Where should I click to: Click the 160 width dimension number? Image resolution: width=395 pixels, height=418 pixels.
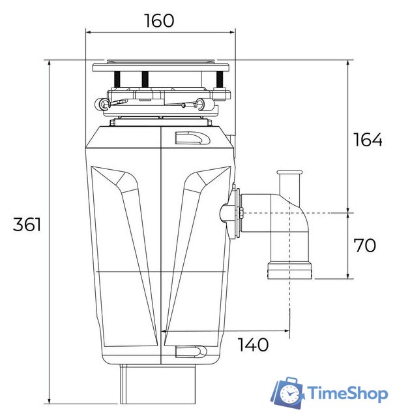(160, 20)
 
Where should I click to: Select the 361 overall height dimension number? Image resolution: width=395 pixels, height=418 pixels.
(27, 225)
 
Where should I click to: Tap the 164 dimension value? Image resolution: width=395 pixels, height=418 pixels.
(368, 140)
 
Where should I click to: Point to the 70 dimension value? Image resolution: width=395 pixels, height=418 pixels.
(364, 246)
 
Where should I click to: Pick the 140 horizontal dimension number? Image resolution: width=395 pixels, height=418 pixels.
(252, 345)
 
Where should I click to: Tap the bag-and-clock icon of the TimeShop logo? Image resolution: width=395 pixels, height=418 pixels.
(288, 393)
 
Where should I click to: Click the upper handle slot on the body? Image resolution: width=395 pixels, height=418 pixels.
(192, 138)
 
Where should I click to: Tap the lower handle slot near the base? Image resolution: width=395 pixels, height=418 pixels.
(192, 353)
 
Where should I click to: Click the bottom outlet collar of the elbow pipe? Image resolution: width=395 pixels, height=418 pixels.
(289, 270)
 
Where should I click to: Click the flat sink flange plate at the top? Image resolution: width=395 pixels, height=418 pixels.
(162, 67)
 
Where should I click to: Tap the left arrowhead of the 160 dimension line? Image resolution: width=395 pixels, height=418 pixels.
(89, 31)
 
